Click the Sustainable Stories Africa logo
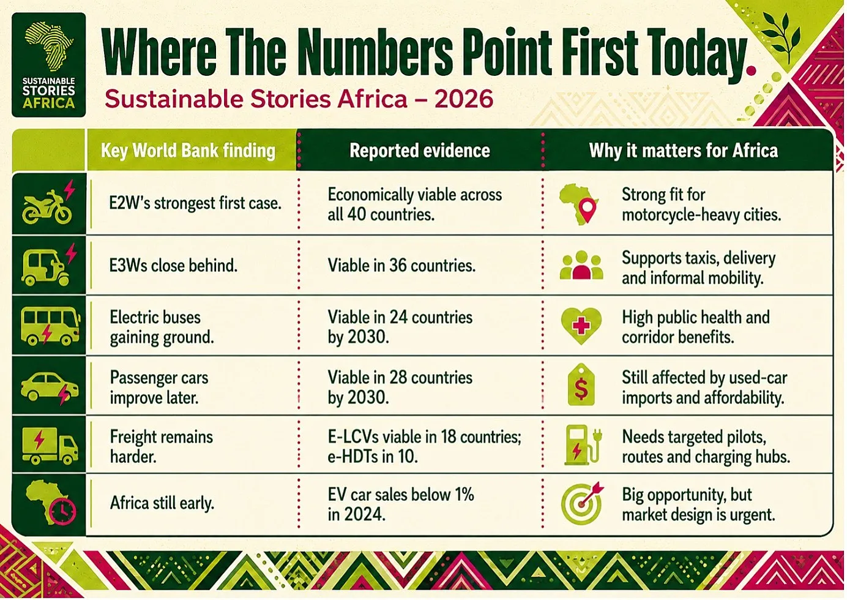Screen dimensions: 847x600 point(49,65)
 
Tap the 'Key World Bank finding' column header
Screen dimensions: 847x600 point(188,151)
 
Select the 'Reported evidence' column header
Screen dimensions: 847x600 point(420,151)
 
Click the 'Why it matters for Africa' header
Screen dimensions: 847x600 point(683,151)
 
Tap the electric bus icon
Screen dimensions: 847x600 point(50,325)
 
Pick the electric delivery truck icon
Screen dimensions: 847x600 point(50,446)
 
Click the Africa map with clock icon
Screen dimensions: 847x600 point(50,503)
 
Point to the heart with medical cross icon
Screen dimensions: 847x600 point(581,326)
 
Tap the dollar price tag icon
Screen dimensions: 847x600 point(581,385)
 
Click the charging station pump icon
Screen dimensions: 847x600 point(582,445)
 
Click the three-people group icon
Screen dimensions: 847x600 point(581,265)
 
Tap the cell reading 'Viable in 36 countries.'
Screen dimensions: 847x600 point(401,265)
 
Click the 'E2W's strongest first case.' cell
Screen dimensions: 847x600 point(195,203)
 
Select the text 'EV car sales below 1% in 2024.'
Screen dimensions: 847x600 point(401,504)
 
